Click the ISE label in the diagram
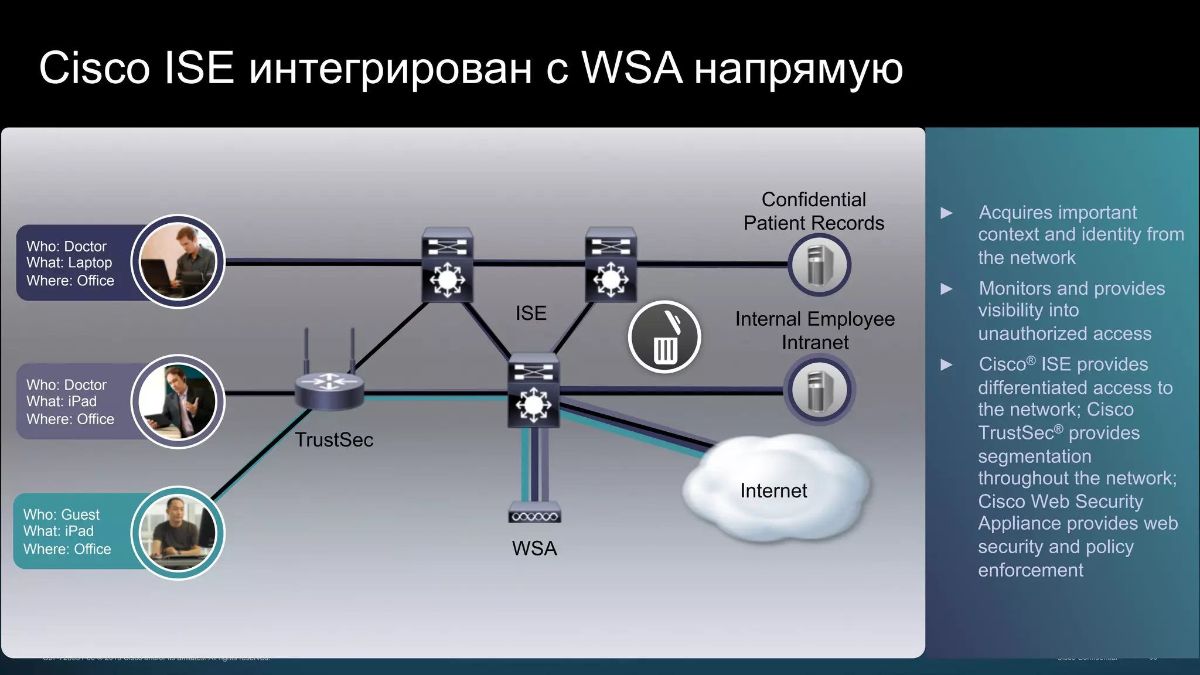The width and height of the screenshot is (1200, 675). click(531, 313)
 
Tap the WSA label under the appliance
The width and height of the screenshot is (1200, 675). click(534, 548)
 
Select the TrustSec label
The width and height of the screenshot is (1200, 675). click(333, 439)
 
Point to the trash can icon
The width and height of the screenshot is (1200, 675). click(664, 337)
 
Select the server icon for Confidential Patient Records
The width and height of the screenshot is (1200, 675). click(819, 265)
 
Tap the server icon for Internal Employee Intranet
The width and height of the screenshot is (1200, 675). click(819, 390)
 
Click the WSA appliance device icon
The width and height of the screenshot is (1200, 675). click(534, 514)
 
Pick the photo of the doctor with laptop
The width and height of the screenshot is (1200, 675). click(178, 261)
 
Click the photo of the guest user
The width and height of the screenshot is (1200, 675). click(178, 533)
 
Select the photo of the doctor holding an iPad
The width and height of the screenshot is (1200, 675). click(178, 401)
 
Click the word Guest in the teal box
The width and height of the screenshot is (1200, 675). click(81, 514)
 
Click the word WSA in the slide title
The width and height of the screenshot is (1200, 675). click(632, 68)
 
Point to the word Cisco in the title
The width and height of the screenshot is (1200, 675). click(94, 68)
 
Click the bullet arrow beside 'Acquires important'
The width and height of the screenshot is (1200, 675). click(946, 213)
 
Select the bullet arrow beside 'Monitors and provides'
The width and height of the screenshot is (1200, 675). click(946, 289)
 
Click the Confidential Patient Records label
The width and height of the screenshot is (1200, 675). click(813, 212)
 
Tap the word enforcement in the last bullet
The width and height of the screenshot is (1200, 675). click(1031, 570)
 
